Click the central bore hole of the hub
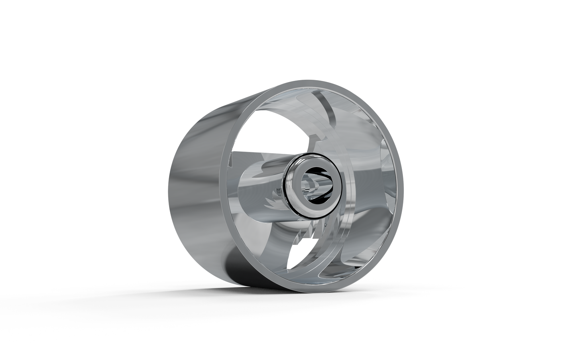tap(315, 186)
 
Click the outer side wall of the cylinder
tap(191, 187)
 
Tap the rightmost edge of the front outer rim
tap(403, 191)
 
